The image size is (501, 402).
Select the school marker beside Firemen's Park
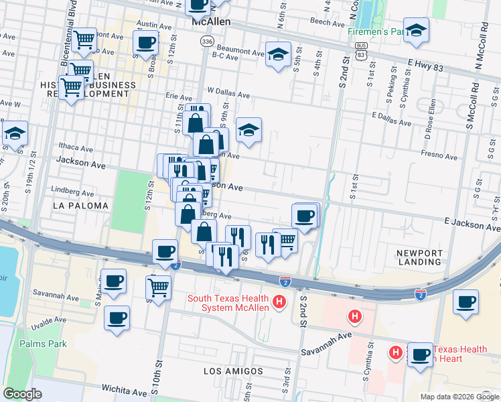(416, 31)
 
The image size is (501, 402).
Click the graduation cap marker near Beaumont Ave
(278, 54)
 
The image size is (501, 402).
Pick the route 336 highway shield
(207, 42)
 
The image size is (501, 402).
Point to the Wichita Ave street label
(124, 388)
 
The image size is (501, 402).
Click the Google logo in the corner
(23, 394)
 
